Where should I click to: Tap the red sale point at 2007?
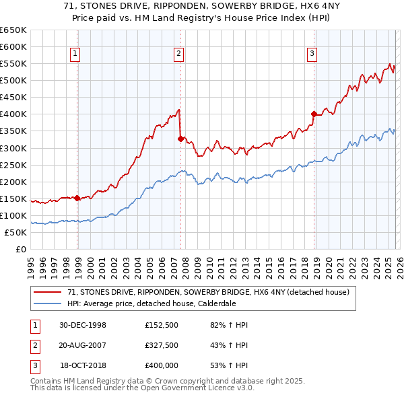180,139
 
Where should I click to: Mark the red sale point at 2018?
314,114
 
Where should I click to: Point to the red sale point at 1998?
77,198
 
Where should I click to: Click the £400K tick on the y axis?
13,114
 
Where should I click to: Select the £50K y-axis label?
16,233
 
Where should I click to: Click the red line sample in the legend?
48,293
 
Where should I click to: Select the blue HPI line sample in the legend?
48,303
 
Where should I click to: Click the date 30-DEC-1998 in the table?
83,325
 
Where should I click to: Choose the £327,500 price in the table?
161,345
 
